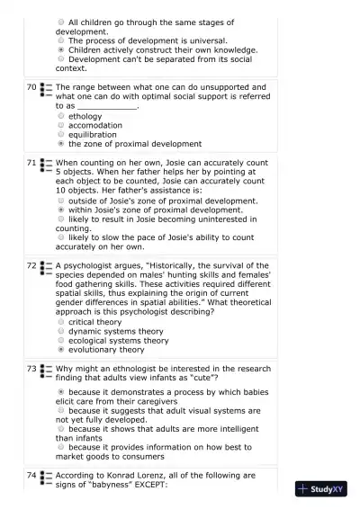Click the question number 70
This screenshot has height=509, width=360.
[31, 87]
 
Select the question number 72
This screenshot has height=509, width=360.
[31, 266]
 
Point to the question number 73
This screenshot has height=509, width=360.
[31, 369]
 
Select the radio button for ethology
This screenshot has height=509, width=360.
[60, 116]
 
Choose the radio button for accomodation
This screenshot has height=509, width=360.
[60, 125]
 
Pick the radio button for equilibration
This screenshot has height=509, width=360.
[60, 134]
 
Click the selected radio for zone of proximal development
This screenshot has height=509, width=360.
[60, 143]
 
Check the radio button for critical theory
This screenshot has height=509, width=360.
[60, 322]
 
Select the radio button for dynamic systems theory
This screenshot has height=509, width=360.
[60, 331]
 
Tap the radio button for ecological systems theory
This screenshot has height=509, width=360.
[60, 341]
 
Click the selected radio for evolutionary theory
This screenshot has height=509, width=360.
[60, 350]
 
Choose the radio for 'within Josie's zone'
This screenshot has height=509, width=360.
[60, 210]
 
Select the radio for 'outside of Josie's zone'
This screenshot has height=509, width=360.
[60, 201]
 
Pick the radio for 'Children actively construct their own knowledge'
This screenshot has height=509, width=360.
[60, 50]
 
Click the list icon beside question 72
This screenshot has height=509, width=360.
[46, 267]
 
